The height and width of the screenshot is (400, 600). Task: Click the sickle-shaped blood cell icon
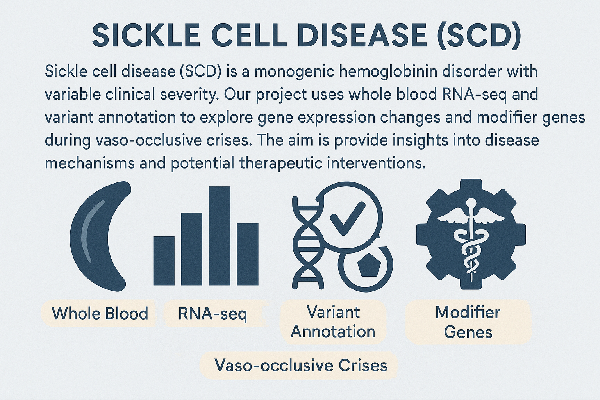click(x=100, y=236)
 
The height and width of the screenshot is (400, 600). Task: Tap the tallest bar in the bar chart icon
click(x=220, y=236)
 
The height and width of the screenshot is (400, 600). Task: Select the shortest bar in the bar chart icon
click(x=164, y=261)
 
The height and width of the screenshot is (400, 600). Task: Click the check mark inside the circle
click(x=348, y=218)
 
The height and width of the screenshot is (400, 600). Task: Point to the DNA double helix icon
click(x=307, y=243)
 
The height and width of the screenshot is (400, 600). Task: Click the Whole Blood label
click(x=100, y=313)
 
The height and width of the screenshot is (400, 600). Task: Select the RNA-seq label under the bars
click(x=212, y=313)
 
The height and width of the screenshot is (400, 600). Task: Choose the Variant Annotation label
click(x=333, y=322)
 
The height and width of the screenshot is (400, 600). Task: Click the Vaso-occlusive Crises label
click(x=301, y=365)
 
